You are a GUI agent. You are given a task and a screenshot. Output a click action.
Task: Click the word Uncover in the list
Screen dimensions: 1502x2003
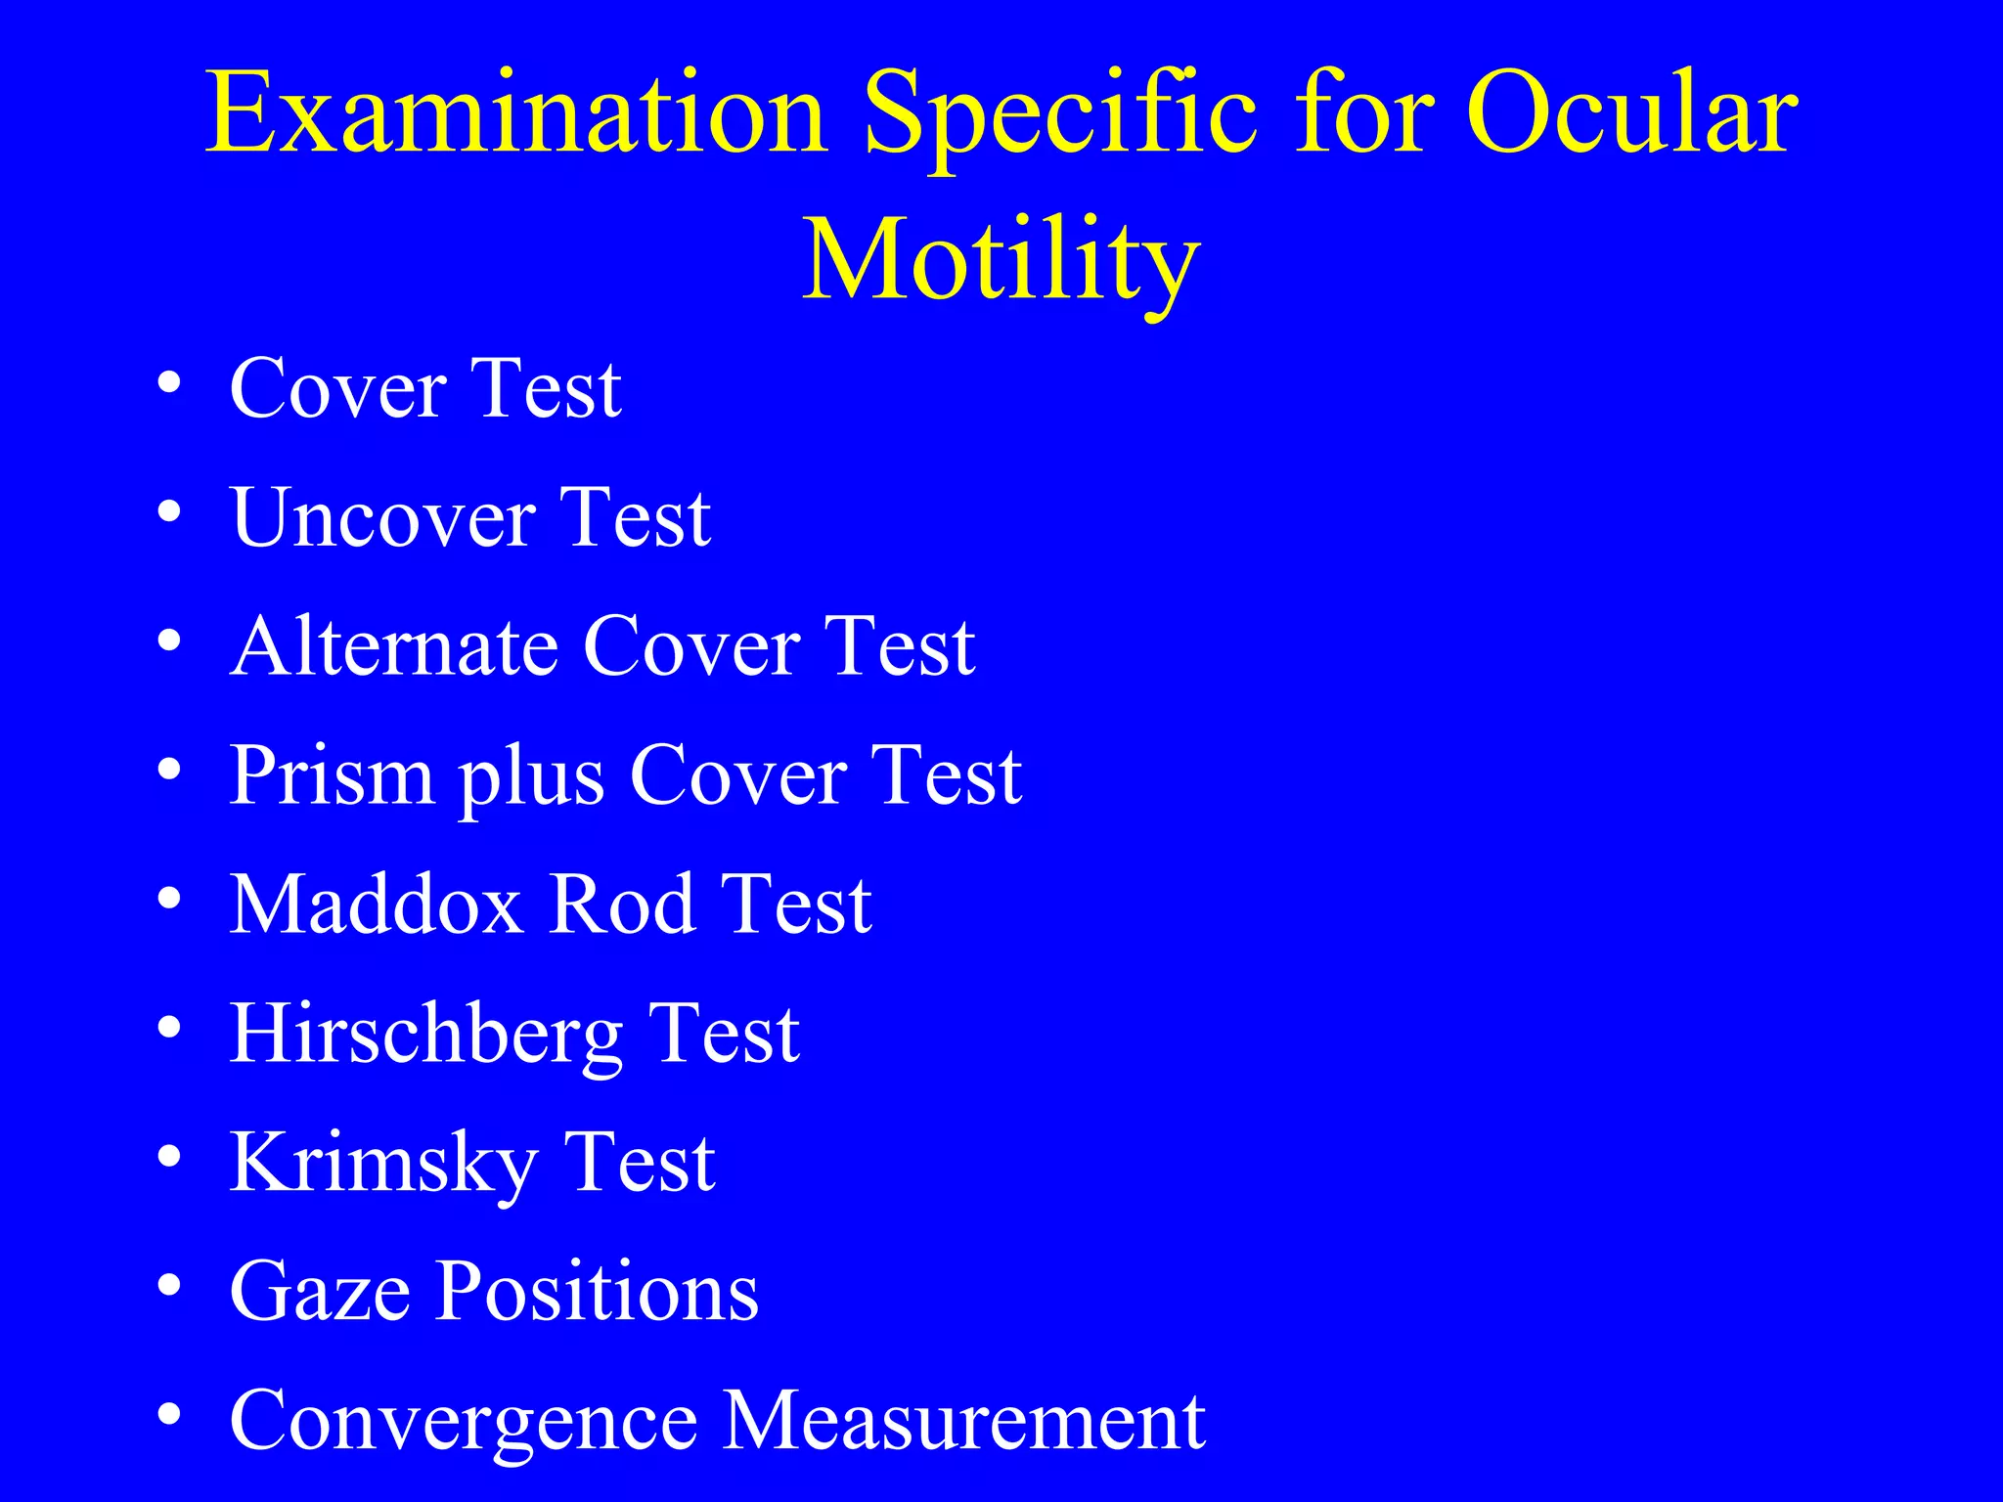coord(382,518)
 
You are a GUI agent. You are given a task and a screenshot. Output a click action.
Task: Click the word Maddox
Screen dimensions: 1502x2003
coord(376,905)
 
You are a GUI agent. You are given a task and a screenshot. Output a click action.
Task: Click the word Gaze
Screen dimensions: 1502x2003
coord(319,1293)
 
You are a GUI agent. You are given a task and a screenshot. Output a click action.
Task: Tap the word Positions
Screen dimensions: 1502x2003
coord(597,1293)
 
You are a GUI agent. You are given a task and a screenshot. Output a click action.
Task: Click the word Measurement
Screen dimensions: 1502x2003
coord(963,1421)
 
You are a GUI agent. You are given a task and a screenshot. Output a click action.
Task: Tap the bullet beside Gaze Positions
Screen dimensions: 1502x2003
coord(169,1286)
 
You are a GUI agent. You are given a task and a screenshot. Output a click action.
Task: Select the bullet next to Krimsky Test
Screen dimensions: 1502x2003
coord(169,1157)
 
